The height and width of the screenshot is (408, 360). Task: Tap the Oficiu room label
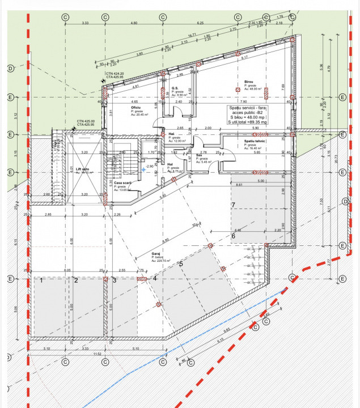(x=135, y=108)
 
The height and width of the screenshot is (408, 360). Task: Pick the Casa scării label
(x=123, y=183)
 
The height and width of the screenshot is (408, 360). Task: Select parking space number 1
(x=42, y=280)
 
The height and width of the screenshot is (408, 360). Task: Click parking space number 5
(x=181, y=263)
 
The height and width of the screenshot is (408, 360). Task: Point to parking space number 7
(x=232, y=204)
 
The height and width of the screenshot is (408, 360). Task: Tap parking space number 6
(x=232, y=236)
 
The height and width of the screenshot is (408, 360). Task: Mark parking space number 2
(x=75, y=280)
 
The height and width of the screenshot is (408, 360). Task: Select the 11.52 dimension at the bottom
(x=97, y=354)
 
